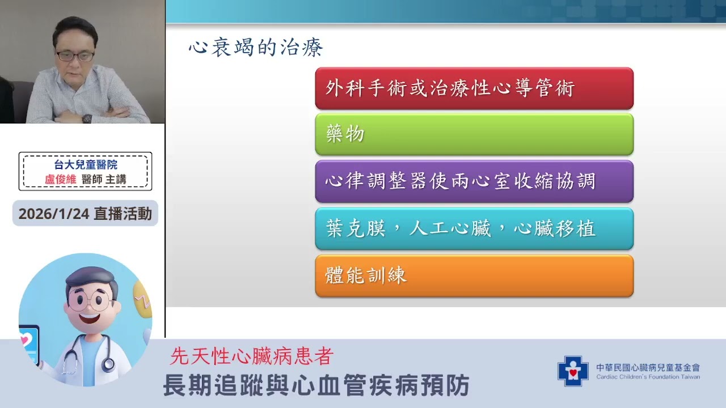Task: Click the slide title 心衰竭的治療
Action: [256, 48]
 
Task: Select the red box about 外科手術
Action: [474, 88]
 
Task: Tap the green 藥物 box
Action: [474, 134]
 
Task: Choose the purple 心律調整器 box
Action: [474, 181]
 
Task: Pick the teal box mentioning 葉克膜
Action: [474, 229]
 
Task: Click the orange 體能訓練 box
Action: [474, 276]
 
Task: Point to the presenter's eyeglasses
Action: [75, 56]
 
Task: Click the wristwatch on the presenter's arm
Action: [87, 118]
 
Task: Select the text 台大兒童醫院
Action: [86, 165]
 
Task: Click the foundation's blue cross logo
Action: [573, 371]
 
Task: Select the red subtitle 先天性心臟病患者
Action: [251, 356]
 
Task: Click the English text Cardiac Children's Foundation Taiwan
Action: [648, 377]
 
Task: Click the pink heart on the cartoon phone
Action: [24, 341]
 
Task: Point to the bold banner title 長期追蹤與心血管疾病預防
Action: [316, 386]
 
